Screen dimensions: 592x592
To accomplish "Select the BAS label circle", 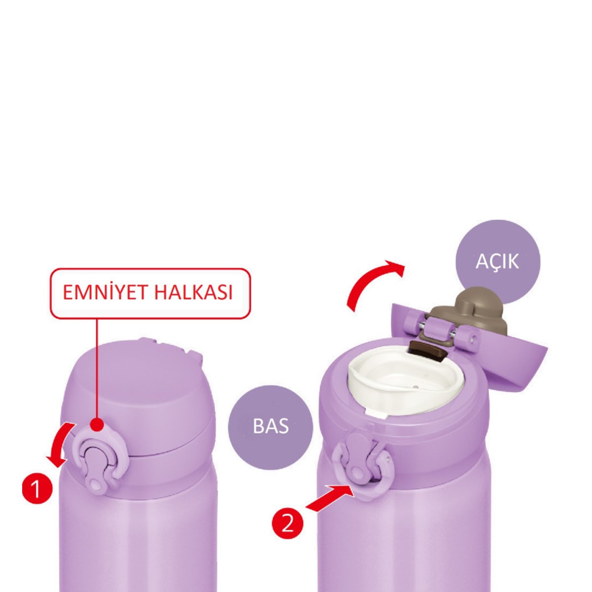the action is [270, 426].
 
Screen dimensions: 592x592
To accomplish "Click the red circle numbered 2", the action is [288, 524].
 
